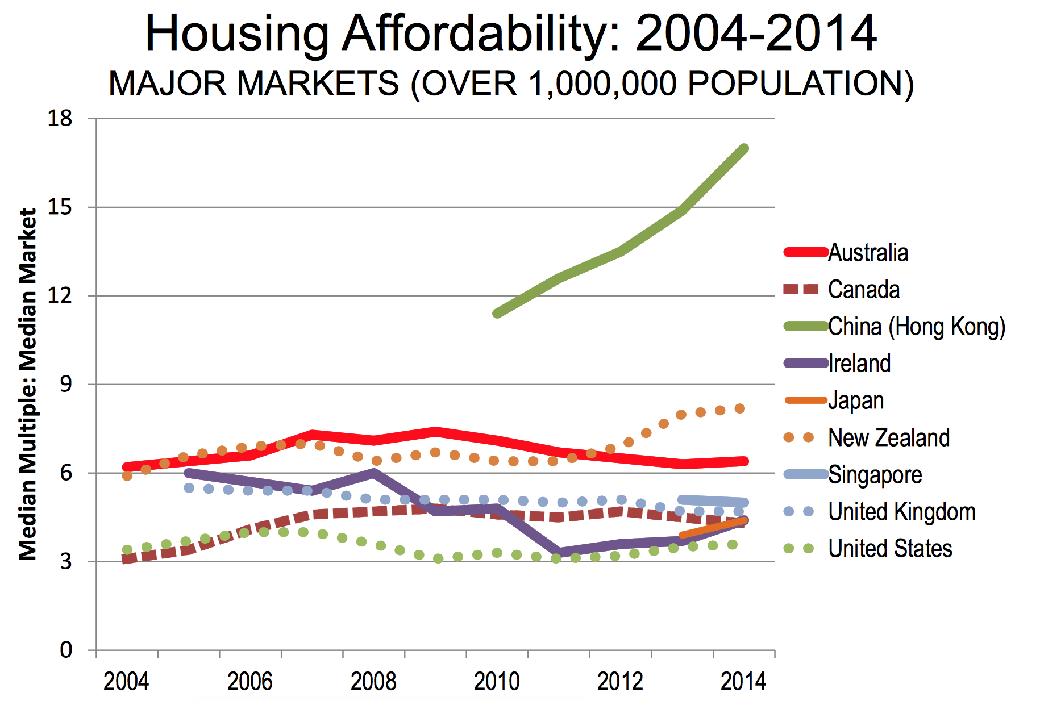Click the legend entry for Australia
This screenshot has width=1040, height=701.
[x=868, y=253]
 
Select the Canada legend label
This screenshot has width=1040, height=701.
[x=864, y=290]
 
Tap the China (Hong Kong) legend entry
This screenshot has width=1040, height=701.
[x=917, y=327]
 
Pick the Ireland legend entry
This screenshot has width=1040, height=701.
[x=859, y=364]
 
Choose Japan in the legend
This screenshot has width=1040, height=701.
[x=856, y=400]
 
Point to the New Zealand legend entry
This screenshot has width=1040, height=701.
[x=889, y=437]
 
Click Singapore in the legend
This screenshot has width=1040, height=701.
[x=875, y=474]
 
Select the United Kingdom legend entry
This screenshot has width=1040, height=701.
[x=902, y=511]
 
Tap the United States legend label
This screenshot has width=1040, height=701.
[x=890, y=548]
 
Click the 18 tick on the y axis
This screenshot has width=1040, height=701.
[x=60, y=118]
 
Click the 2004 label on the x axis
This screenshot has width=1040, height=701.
[x=126, y=681]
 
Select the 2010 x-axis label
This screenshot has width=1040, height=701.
[x=497, y=681]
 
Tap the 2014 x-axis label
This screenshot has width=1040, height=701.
[x=743, y=681]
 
